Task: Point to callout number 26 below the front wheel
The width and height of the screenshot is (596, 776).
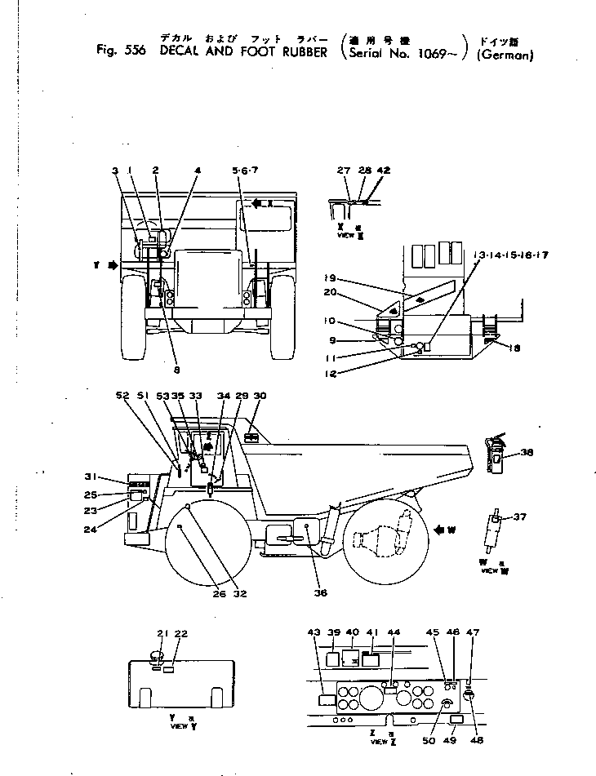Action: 219,594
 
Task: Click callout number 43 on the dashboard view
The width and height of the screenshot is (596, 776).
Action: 314,632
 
